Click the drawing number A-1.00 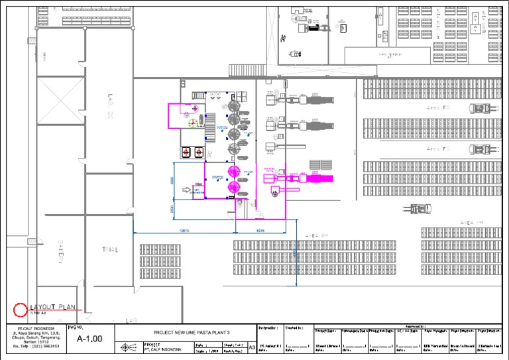coord(89,339)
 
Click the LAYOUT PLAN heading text coord(53,307)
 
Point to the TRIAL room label coord(109,250)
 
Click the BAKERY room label coord(60,253)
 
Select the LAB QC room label coord(110,107)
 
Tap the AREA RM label coord(316,235)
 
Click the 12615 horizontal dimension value coord(184,230)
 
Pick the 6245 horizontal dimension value coord(260,230)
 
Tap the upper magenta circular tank coord(233,172)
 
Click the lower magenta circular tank coord(233,188)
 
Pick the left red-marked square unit coord(187,151)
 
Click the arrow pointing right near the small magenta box coord(187,191)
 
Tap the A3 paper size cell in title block coord(251,346)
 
